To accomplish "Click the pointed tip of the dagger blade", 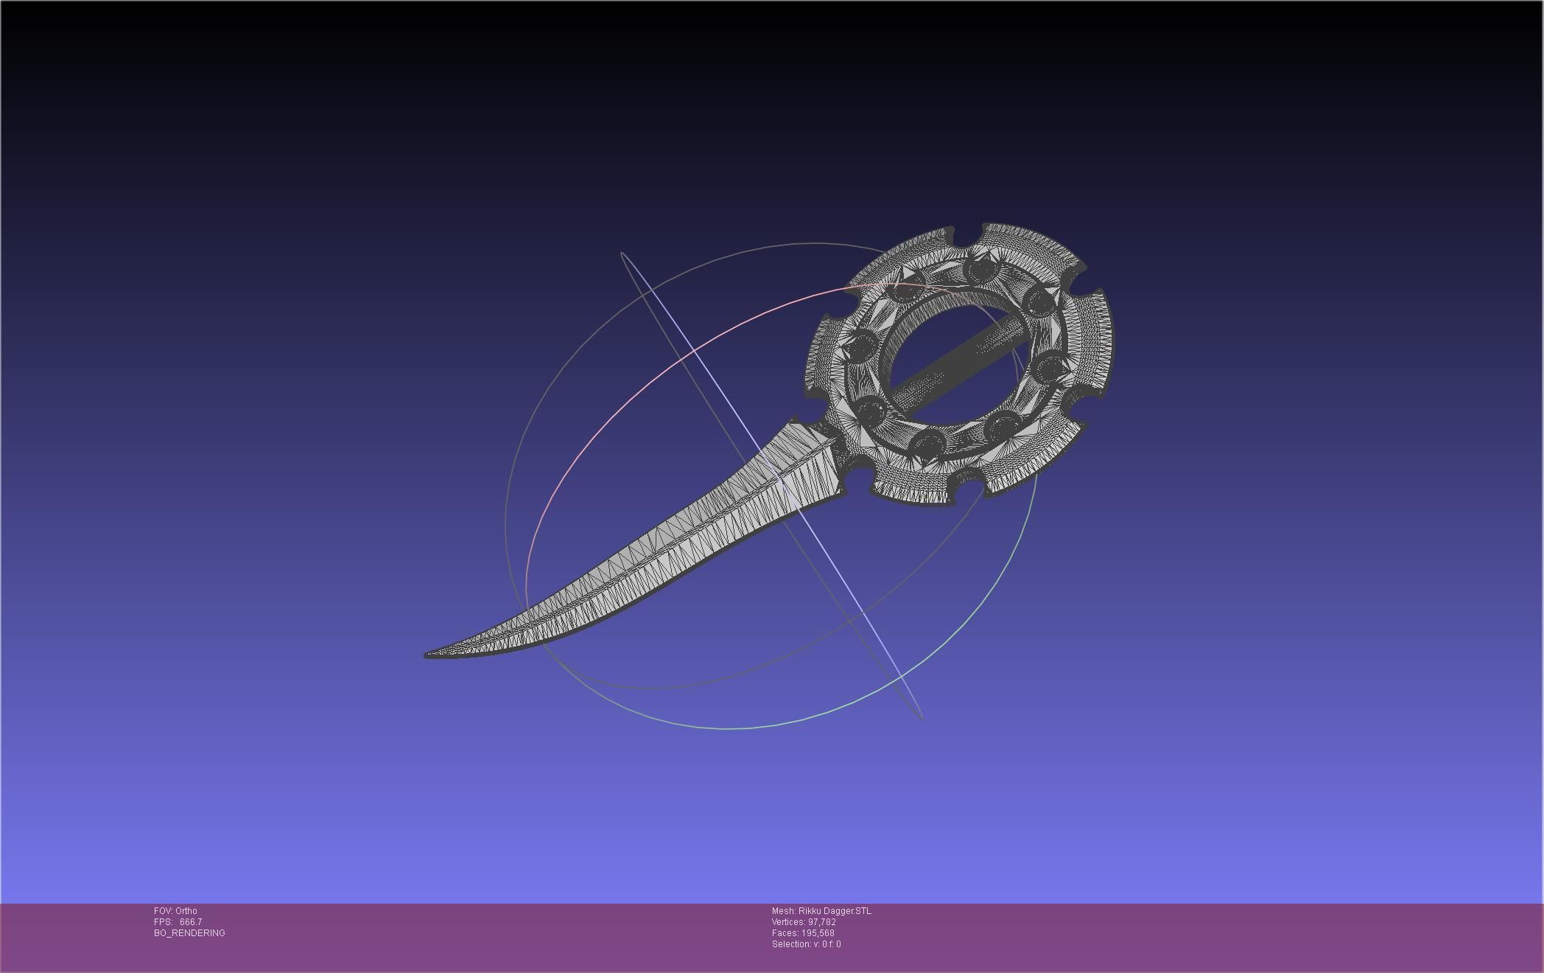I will [428, 655].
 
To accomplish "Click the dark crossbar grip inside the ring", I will [958, 362].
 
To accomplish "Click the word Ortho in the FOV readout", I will [186, 911].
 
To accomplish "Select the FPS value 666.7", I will [191, 922].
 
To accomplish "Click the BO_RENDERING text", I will [189, 933].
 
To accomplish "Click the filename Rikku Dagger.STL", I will [835, 911].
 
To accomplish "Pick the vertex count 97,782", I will [821, 922].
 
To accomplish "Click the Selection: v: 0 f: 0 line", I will [806, 944].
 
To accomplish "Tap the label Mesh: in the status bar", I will [783, 911].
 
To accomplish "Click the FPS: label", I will [163, 922].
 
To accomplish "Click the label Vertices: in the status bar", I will [788, 922].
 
